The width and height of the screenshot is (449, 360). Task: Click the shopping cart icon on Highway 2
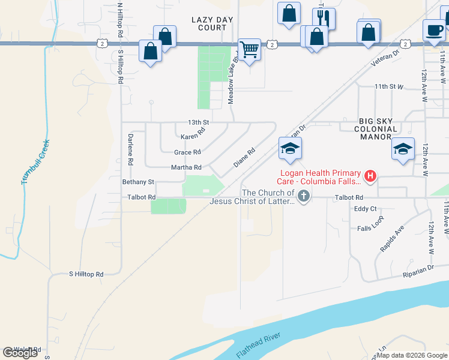(249, 49)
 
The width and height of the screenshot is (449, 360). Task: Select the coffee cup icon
(433, 29)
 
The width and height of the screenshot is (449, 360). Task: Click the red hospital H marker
(370, 176)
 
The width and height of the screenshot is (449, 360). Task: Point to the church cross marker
(304, 196)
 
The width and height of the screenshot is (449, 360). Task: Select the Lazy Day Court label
(212, 23)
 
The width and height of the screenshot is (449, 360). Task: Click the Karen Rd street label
(193, 137)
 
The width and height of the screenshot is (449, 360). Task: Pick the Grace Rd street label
(187, 152)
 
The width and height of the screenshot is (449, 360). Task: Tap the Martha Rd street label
(186, 167)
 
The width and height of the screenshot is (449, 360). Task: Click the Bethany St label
(138, 182)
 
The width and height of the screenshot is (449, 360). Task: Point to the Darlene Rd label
(130, 149)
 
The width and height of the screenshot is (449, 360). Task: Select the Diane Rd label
(244, 157)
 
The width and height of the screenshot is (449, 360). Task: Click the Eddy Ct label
(365, 209)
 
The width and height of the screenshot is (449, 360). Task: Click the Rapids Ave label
(392, 239)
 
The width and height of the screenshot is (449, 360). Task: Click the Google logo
(20, 353)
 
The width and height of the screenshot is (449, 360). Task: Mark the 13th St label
(198, 122)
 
